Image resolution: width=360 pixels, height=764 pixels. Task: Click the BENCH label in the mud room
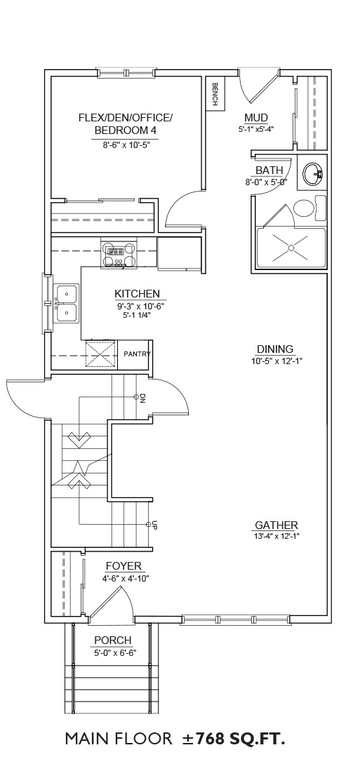pyautogui.click(x=214, y=93)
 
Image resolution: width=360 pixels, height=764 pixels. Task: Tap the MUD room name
pyautogui.click(x=256, y=118)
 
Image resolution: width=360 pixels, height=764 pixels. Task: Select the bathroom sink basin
pyautogui.click(x=313, y=174)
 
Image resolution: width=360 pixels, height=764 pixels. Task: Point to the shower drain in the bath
pyautogui.click(x=291, y=248)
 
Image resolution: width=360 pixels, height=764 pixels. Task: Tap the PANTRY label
pyautogui.click(x=137, y=354)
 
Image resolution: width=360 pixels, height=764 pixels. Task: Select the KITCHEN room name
pyautogui.click(x=137, y=294)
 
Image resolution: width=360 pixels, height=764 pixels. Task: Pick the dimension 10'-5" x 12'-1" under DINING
pyautogui.click(x=275, y=361)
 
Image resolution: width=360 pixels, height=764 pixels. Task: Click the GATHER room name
pyautogui.click(x=276, y=525)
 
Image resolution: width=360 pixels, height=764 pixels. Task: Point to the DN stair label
pyautogui.click(x=142, y=398)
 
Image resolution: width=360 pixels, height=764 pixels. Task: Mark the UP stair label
pyautogui.click(x=154, y=525)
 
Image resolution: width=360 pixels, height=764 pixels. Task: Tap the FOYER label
pyautogui.click(x=124, y=566)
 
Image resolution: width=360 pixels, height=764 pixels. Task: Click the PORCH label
pyautogui.click(x=112, y=641)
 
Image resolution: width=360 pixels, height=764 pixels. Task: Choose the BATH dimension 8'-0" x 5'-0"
pyautogui.click(x=267, y=182)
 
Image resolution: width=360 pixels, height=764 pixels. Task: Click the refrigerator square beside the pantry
pyautogui.click(x=101, y=355)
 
